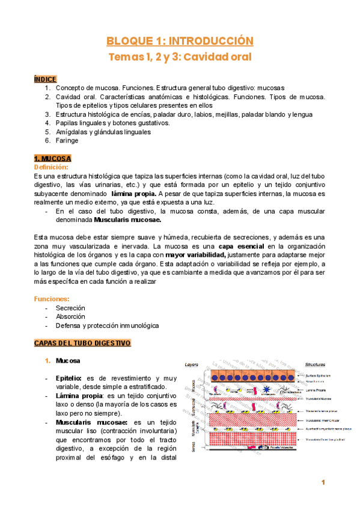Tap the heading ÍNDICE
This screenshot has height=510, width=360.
[45, 79]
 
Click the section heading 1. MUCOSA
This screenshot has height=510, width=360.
[53, 158]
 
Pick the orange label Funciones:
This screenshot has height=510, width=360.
[52, 298]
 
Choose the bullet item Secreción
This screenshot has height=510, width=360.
[71, 307]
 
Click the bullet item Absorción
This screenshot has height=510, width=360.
[70, 316]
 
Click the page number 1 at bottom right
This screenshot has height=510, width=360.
[323, 482]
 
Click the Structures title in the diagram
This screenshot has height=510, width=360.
[316, 364]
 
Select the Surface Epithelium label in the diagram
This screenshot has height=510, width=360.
[319, 375]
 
